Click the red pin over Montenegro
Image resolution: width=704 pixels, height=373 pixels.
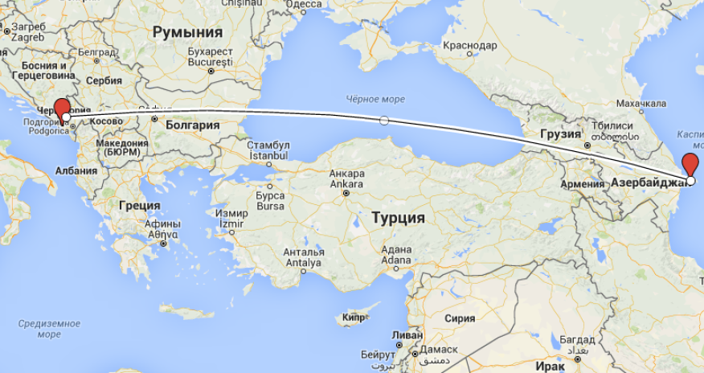61,109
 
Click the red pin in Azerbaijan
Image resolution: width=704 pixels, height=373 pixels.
690,166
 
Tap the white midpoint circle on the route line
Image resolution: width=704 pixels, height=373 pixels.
384,121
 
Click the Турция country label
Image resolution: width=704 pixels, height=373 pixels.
398,217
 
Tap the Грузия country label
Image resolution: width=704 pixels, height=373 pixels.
560,134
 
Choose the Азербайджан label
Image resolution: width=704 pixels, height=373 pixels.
650,182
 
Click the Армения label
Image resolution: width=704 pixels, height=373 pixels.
582,184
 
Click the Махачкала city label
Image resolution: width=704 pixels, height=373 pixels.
641,104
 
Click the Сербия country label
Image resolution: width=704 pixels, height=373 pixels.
103,80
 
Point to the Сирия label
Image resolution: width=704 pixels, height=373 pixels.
460,318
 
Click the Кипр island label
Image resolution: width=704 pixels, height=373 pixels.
353,318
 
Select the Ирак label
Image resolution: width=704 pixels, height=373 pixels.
551,366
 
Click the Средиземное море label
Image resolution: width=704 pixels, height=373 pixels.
39,329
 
